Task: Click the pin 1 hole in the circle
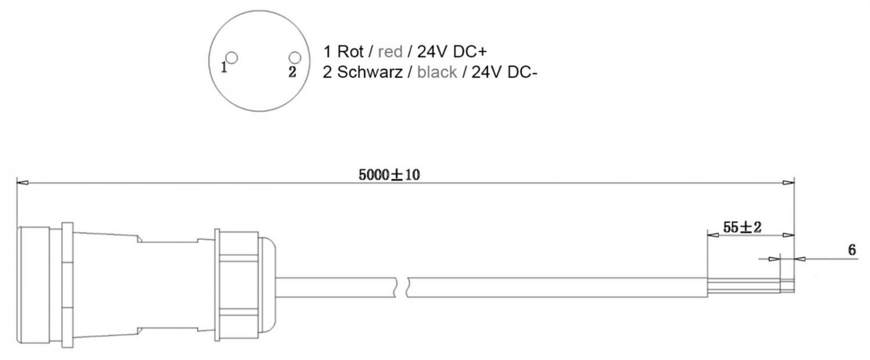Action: (232, 58)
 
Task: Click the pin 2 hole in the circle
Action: (295, 58)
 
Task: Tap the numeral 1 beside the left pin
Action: (224, 67)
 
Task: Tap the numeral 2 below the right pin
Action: (292, 72)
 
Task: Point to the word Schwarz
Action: (370, 72)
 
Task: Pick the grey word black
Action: (437, 72)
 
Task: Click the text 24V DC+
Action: (452, 52)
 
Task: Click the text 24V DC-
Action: (504, 72)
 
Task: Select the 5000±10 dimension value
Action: (389, 175)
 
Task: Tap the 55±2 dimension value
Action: (742, 227)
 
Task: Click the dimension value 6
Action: (852, 250)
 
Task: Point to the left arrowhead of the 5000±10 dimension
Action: (23, 183)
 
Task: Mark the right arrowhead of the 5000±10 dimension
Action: (788, 183)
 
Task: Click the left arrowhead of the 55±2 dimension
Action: (713, 235)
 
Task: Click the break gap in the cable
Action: (401, 288)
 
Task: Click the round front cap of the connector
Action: (34, 285)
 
